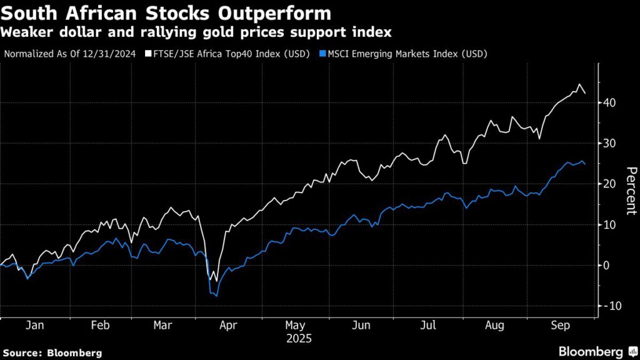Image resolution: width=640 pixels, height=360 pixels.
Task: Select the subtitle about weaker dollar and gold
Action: point(197,31)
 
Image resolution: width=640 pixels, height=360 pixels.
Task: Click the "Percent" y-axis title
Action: point(631,191)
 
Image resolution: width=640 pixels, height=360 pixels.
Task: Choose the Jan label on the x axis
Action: point(36,326)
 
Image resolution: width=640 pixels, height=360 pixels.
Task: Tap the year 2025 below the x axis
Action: point(298,339)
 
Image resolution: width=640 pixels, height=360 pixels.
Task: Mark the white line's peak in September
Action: point(579,84)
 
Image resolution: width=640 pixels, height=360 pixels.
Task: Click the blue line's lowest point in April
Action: point(217,295)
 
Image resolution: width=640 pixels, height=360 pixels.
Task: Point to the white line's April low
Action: point(217,281)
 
